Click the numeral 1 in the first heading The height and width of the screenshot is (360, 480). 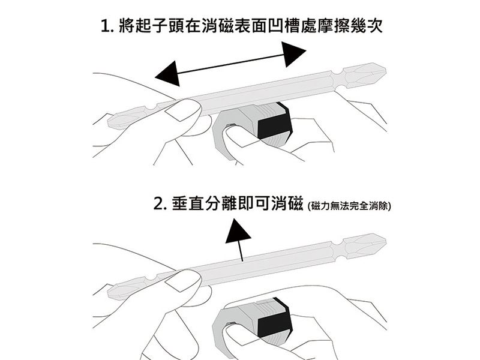tap(105, 26)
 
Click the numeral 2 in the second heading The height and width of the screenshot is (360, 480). tap(158, 204)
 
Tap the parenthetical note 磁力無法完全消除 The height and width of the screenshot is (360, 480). tap(349, 206)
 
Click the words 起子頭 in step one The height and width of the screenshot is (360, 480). tap(160, 25)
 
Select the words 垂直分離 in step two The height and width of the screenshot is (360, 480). tap(205, 203)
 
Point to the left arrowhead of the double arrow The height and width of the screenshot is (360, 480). tap(168, 74)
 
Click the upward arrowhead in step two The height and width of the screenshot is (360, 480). tap(238, 231)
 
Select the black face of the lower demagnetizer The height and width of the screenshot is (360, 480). tap(274, 322)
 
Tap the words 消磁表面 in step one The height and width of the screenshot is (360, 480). tap(235, 25)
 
